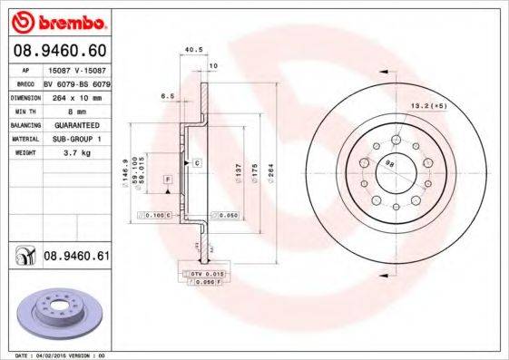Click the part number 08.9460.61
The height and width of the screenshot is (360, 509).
click(x=76, y=257)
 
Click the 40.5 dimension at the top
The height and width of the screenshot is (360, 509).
click(x=192, y=50)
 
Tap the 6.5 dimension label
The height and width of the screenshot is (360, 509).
click(x=167, y=94)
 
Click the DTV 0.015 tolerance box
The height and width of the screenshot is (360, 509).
click(x=204, y=273)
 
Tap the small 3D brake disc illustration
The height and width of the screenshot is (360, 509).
click(x=56, y=314)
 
